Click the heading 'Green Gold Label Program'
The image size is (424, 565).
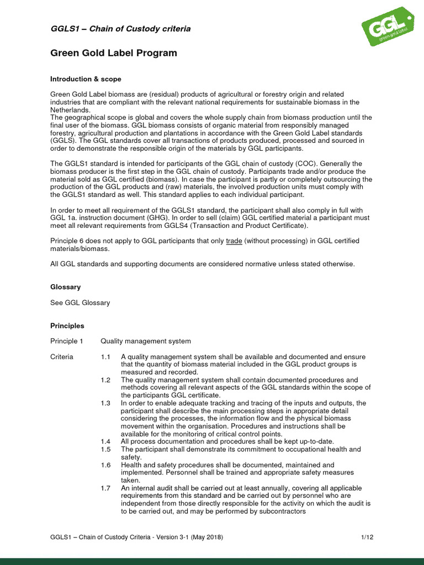(x=114, y=54)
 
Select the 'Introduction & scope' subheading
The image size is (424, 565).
(x=86, y=79)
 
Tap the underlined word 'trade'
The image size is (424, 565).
(x=234, y=241)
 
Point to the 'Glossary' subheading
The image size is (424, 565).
(x=65, y=287)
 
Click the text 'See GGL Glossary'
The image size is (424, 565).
(x=80, y=303)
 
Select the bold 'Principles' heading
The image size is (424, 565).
(x=67, y=326)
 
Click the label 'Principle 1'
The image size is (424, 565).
(x=67, y=342)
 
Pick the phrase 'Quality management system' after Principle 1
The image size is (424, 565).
(x=146, y=342)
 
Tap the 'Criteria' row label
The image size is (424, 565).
(x=62, y=357)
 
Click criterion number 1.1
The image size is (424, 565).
(x=105, y=357)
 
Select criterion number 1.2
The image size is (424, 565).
(x=105, y=380)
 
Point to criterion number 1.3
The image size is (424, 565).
(x=105, y=403)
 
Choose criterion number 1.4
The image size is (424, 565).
(x=105, y=442)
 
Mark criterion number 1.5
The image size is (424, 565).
(x=105, y=450)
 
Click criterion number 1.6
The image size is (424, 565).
(x=105, y=465)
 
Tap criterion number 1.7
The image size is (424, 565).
(x=105, y=488)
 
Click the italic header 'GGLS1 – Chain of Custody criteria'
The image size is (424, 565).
(x=120, y=29)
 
